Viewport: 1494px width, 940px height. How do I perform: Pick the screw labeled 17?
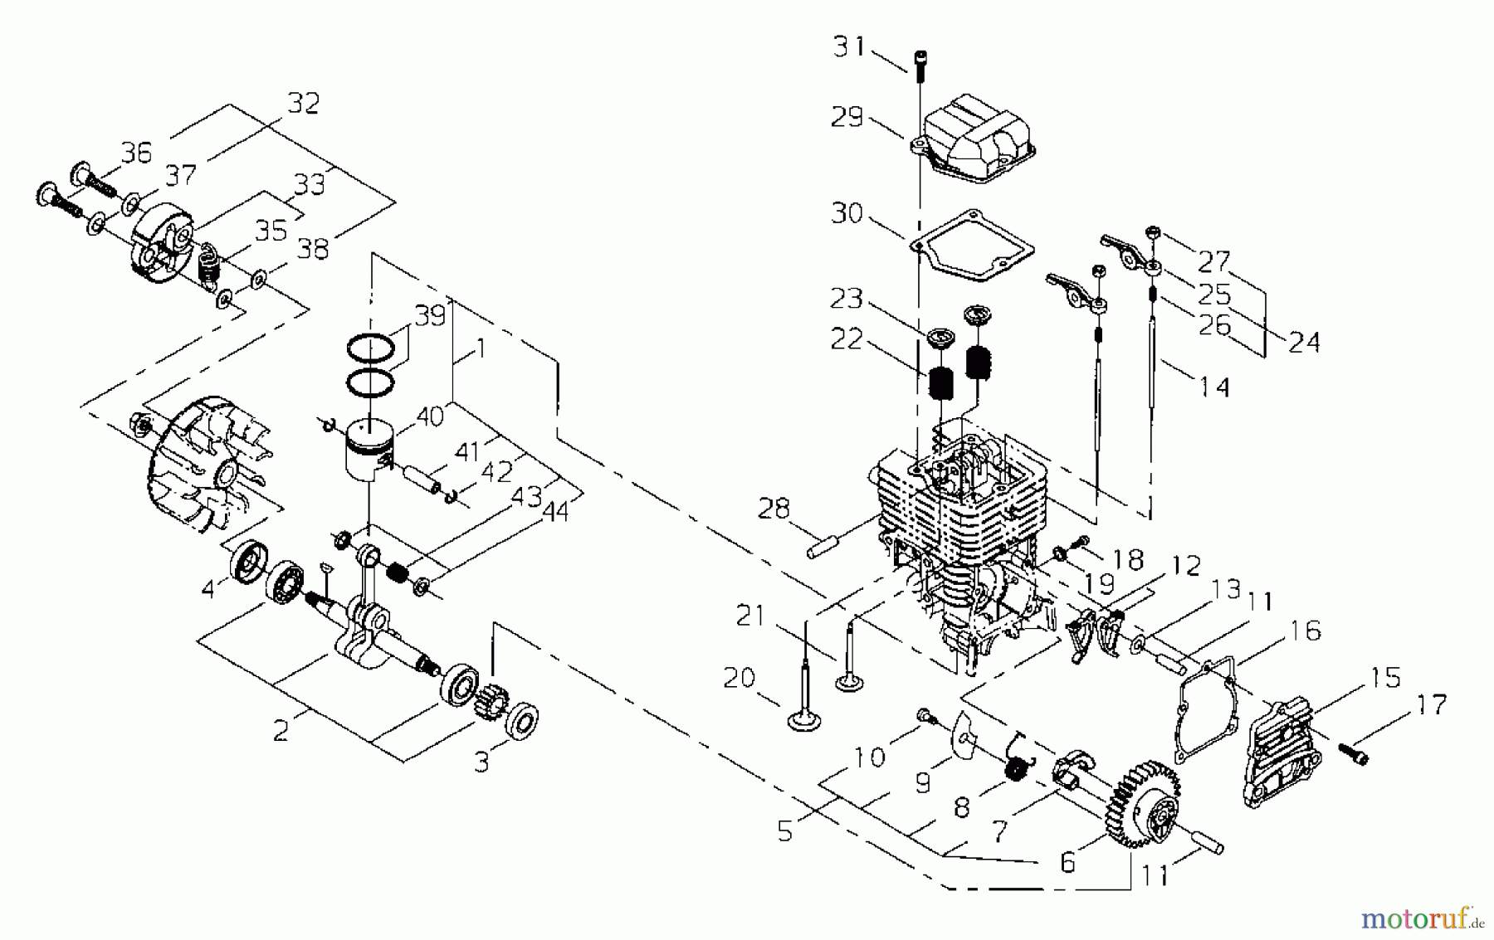pyautogui.click(x=1352, y=753)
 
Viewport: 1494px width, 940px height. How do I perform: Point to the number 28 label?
pyautogui.click(x=774, y=508)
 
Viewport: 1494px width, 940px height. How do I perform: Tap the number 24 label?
pyautogui.click(x=1302, y=341)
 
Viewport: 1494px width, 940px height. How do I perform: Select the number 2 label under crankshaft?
pyautogui.click(x=281, y=730)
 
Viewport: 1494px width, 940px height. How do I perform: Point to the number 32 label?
pyautogui.click(x=303, y=104)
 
